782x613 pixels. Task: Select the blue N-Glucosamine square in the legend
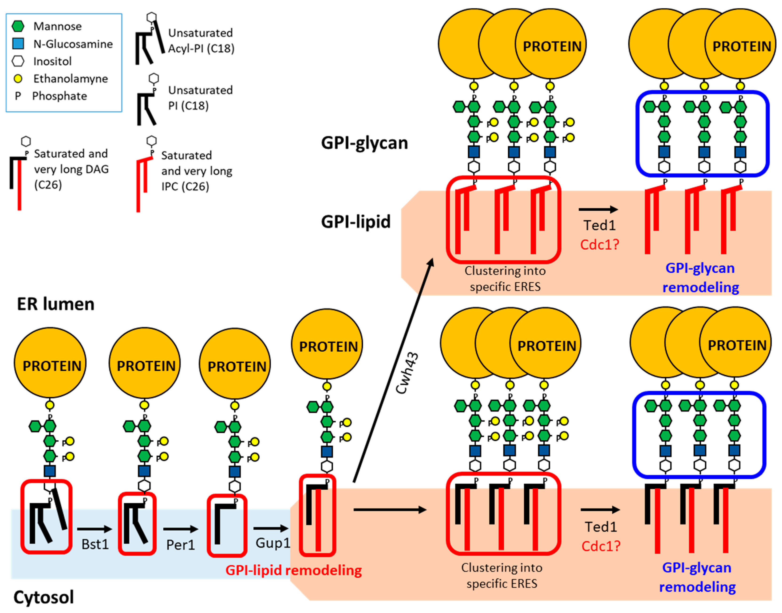[x=18, y=44]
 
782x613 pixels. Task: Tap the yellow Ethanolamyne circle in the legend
[x=18, y=79]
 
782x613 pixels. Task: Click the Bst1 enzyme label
[x=95, y=544]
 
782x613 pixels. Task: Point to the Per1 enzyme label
[x=180, y=545]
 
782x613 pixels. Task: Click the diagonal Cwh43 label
[x=407, y=373]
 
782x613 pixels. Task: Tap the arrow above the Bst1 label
[x=95, y=529]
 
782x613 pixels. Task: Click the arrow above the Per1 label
[x=180, y=529]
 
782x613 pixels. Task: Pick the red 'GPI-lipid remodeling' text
[x=293, y=570]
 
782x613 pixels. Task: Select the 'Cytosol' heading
[x=43, y=597]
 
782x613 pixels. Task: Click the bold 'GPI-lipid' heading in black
[x=356, y=222]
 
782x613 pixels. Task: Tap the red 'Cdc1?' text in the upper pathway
[x=600, y=244]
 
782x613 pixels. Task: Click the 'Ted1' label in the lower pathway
[x=600, y=527]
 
